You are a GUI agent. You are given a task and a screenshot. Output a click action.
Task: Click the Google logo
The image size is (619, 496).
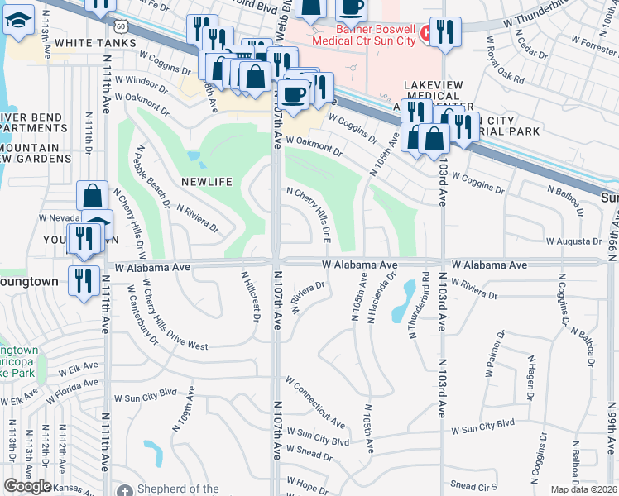[x=28, y=486]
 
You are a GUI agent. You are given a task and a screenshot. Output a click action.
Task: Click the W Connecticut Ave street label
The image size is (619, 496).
[x=314, y=403]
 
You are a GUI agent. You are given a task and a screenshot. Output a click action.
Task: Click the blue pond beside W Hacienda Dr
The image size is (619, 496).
[x=405, y=301]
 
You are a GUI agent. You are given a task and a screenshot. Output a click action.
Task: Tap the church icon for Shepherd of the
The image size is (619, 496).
[x=124, y=489]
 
